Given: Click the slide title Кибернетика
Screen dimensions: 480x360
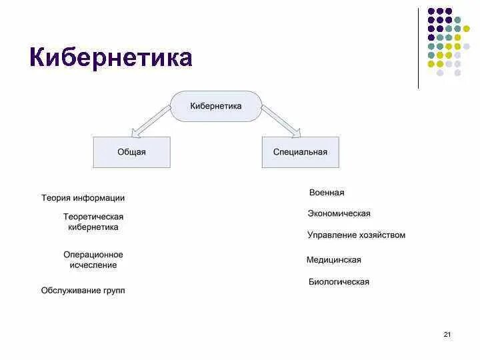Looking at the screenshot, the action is click(111, 58).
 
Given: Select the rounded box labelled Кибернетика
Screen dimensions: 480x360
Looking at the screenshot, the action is click(216, 106).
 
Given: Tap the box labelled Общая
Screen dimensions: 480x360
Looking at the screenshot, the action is click(131, 152).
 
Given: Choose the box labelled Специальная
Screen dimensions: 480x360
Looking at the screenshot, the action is click(300, 152).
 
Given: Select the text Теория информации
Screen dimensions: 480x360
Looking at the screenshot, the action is click(83, 198).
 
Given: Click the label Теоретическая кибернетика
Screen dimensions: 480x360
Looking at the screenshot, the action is click(93, 222).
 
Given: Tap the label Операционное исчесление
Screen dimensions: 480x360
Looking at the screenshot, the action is click(93, 260).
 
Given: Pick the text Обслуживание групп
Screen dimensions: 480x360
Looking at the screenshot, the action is click(83, 291).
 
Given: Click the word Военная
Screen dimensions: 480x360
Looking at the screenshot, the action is click(327, 193).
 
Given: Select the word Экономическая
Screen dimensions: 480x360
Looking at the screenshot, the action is click(339, 214).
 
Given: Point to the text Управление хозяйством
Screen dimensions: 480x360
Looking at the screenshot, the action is click(356, 235).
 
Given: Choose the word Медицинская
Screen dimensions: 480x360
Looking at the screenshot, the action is click(333, 260).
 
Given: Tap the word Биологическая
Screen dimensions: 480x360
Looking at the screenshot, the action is click(339, 282).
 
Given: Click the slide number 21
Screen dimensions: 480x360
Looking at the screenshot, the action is click(447, 334).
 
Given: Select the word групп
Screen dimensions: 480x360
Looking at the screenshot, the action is click(112, 291).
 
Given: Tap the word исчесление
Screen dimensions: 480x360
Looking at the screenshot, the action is click(93, 265).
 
